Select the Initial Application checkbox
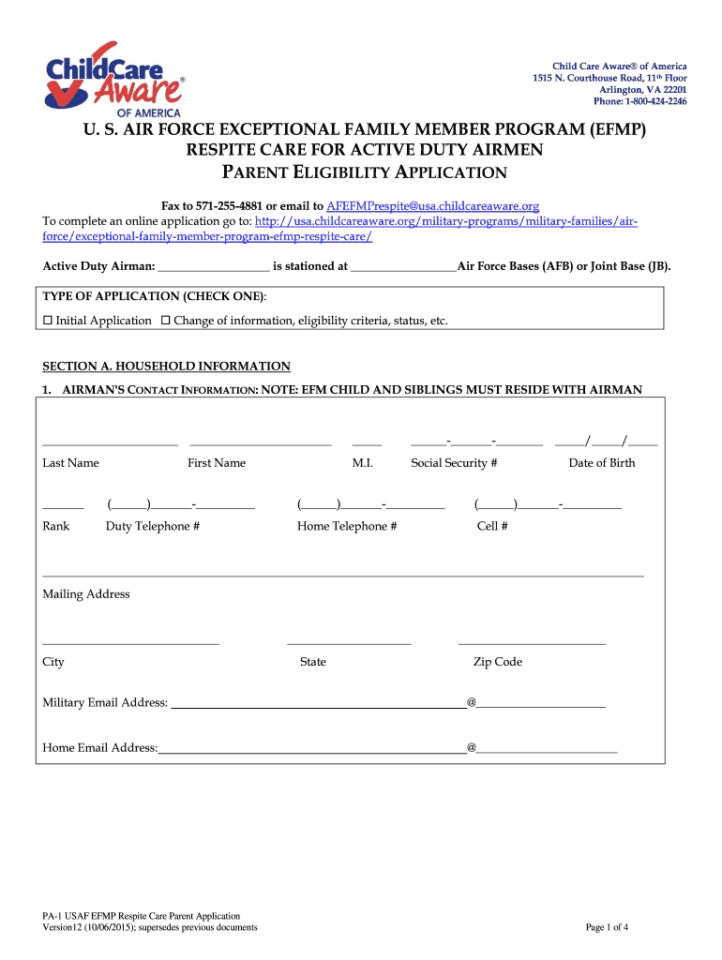pyautogui.click(x=48, y=321)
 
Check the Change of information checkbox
pyautogui.click(x=166, y=321)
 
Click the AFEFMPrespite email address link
pyautogui.click(x=432, y=205)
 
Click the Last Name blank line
pyautogui.click(x=110, y=442)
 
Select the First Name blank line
pyautogui.click(x=260, y=442)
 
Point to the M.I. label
pyautogui.click(x=363, y=463)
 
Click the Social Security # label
pyautogui.click(x=454, y=463)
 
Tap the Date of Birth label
pyautogui.click(x=601, y=463)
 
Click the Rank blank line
pyautogui.click(x=63, y=507)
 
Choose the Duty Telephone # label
pyautogui.click(x=152, y=527)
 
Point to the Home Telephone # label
pyautogui.click(x=347, y=527)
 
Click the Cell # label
pyautogui.click(x=492, y=527)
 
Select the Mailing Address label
pyautogui.click(x=86, y=594)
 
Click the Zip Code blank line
pyautogui.click(x=531, y=643)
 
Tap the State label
pyautogui.click(x=312, y=662)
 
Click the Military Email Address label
pyautogui.click(x=105, y=703)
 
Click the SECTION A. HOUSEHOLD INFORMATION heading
pyautogui.click(x=167, y=367)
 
